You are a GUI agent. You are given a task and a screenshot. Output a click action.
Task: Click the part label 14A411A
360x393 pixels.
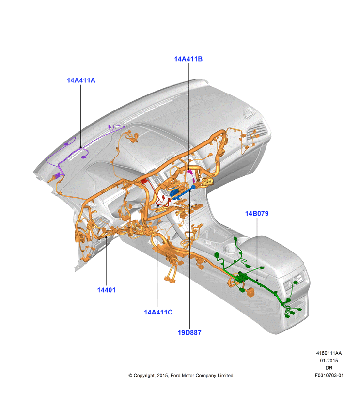[x=81, y=80]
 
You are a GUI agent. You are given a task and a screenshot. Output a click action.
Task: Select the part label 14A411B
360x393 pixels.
[x=188, y=59]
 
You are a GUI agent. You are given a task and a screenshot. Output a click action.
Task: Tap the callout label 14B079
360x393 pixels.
[x=256, y=214]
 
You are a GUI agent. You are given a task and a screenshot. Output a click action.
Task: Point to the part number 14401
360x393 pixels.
[x=106, y=290]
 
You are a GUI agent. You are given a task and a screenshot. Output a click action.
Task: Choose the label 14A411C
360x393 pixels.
[x=158, y=312]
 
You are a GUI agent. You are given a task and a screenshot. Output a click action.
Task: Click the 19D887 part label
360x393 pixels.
[x=189, y=332]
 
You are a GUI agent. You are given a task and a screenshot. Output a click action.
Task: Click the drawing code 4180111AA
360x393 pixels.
[x=329, y=353]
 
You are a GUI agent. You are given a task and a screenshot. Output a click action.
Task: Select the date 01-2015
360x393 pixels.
[x=329, y=361]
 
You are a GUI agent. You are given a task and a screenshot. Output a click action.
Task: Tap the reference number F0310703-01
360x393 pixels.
[x=329, y=375]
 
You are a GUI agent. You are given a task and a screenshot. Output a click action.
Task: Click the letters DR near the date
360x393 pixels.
[x=329, y=368]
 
